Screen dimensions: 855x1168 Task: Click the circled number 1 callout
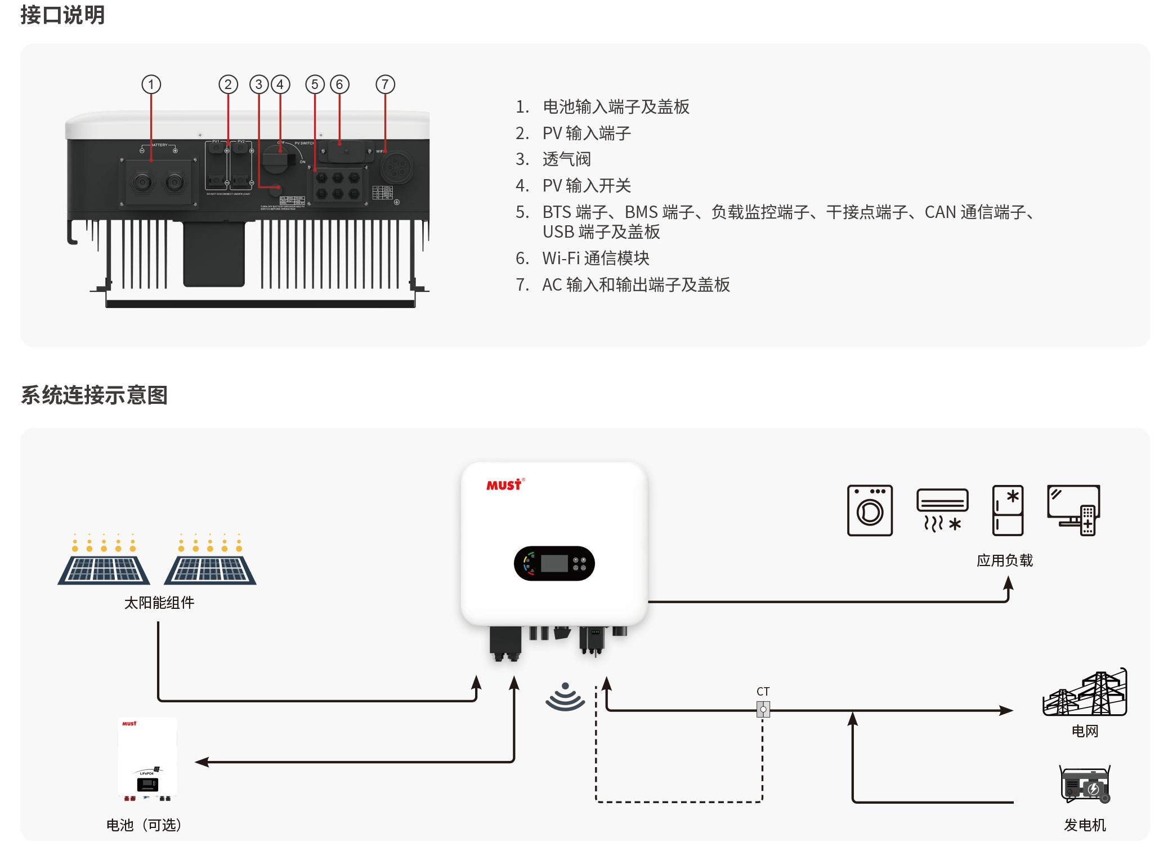[x=151, y=84]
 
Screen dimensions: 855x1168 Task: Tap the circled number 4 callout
[x=280, y=84]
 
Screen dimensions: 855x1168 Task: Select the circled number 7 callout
[x=385, y=84]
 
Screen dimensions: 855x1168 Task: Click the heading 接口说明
[x=62, y=15]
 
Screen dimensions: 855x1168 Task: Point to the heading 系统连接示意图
[x=94, y=395]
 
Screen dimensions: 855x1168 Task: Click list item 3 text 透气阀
[x=566, y=159]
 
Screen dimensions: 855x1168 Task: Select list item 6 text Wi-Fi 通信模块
[x=596, y=258]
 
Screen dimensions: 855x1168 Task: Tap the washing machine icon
[x=870, y=510]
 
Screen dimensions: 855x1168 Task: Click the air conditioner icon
[x=942, y=509]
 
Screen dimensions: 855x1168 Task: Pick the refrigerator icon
[x=1008, y=510]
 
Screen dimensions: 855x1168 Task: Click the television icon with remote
[x=1073, y=510]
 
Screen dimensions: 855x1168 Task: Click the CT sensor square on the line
[x=763, y=709]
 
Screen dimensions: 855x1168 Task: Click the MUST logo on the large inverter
[x=504, y=485]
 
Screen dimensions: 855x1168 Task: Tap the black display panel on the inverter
[x=554, y=563]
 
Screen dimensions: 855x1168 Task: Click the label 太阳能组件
[x=159, y=603]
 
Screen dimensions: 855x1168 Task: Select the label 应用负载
[x=1005, y=560]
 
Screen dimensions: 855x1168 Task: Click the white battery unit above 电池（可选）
[x=147, y=758]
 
